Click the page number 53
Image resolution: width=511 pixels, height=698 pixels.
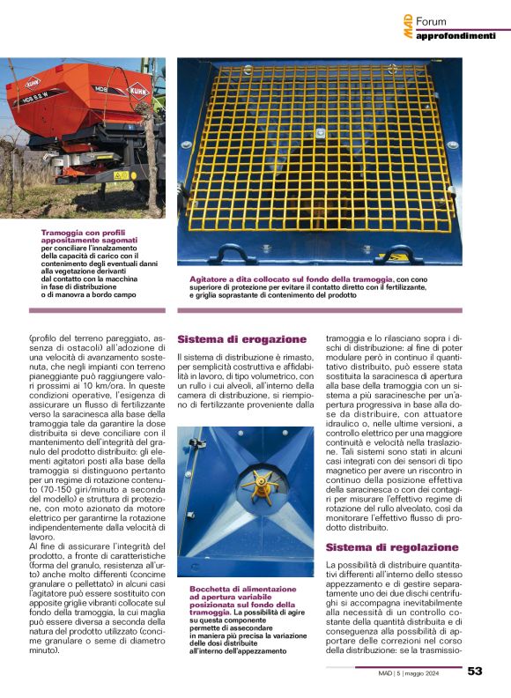[475, 671]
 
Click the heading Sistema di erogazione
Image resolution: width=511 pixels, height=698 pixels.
[241, 339]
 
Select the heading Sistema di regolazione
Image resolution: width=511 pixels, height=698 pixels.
[380, 547]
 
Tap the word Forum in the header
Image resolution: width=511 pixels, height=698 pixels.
[432, 21]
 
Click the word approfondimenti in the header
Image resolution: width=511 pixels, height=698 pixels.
[455, 35]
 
